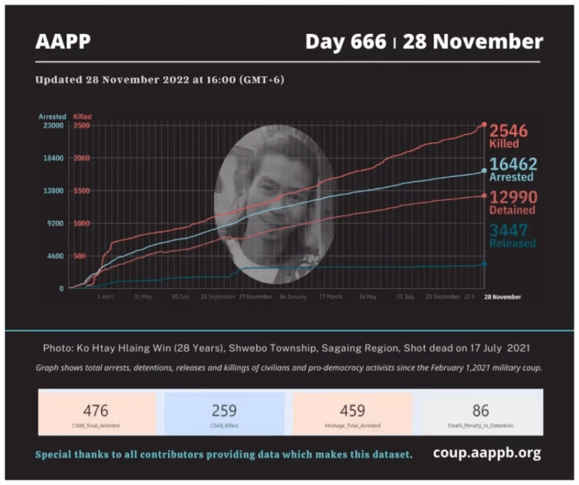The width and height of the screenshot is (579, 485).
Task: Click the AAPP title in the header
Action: [63, 41]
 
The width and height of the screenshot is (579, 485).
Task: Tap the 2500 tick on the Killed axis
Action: [81, 126]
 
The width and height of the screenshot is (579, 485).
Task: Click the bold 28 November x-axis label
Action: [502, 297]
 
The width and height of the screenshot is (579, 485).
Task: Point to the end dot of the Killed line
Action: [484, 124]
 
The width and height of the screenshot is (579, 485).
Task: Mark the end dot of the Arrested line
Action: [484, 171]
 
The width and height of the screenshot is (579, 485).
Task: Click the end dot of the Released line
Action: [484, 264]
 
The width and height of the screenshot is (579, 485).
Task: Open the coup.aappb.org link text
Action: [486, 453]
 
